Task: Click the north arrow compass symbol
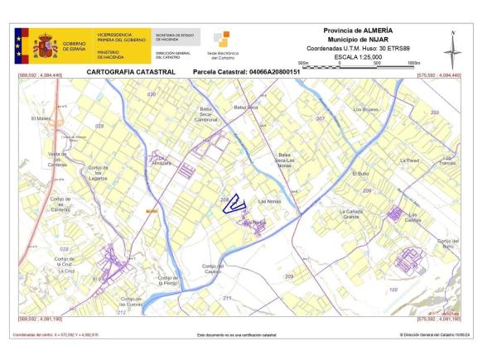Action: [x=452, y=50]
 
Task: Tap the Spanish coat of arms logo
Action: [x=43, y=46]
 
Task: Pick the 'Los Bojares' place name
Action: [x=365, y=109]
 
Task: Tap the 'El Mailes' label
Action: [x=41, y=119]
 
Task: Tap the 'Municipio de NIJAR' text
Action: [x=359, y=40]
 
